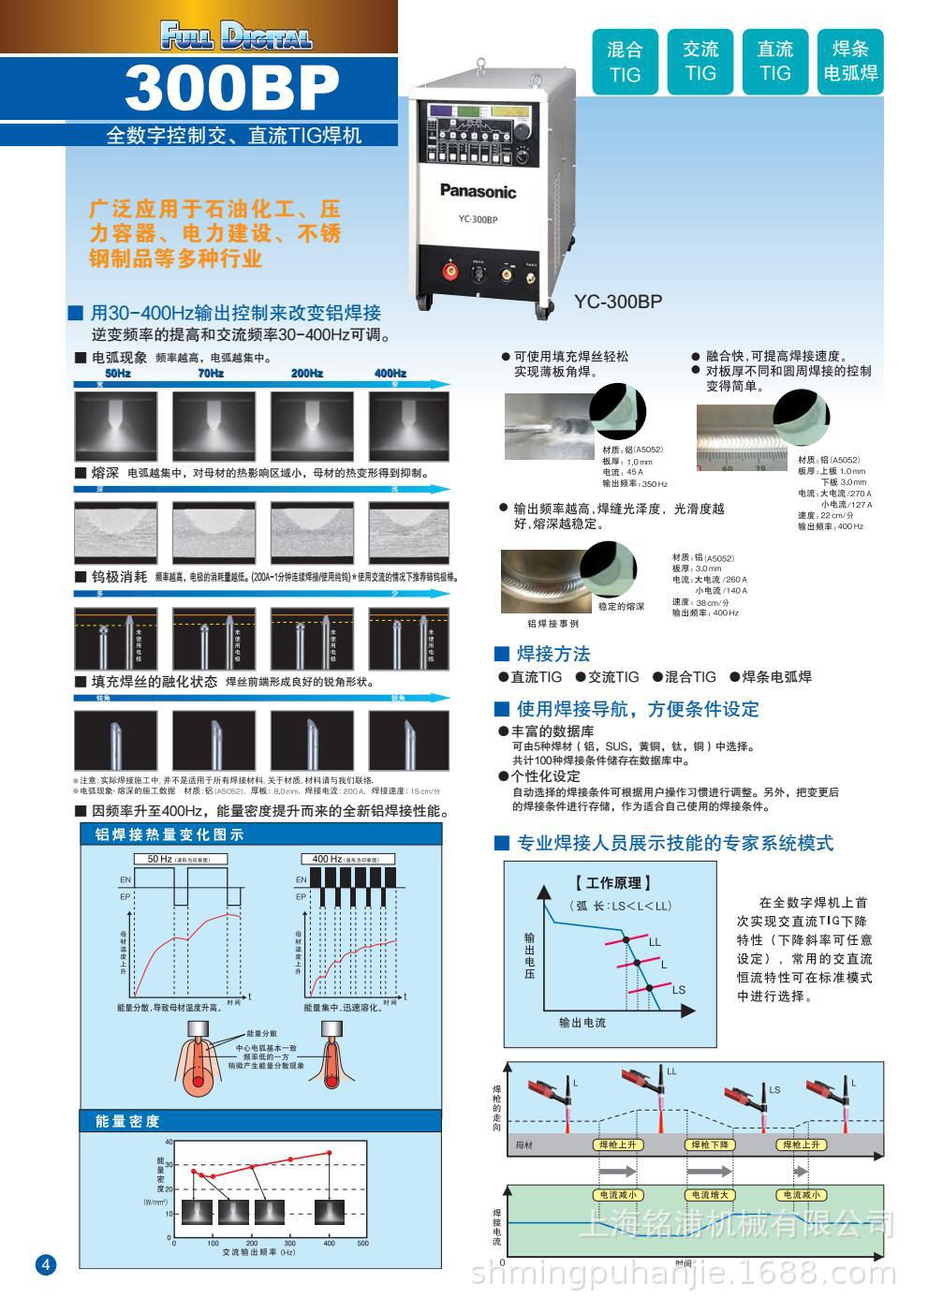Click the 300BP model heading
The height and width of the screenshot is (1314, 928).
pos(232,89)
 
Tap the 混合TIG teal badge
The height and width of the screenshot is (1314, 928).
pos(625,62)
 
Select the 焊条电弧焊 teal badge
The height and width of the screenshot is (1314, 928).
pos(850,62)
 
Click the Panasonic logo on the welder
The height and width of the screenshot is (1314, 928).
pos(478,192)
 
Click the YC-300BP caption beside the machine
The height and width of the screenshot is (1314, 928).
pos(618,302)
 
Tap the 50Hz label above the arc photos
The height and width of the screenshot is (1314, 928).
pos(118,373)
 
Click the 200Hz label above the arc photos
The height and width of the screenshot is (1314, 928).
pos(307,373)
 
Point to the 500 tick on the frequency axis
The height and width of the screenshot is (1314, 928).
pos(363,1244)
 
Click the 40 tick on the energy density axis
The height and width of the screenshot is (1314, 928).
pos(169,1142)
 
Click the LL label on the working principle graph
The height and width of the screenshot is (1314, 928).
pos(655,941)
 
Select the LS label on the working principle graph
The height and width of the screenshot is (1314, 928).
pos(679,990)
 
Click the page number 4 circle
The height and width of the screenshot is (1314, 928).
pos(46,1264)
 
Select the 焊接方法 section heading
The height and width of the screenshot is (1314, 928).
pos(552,654)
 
